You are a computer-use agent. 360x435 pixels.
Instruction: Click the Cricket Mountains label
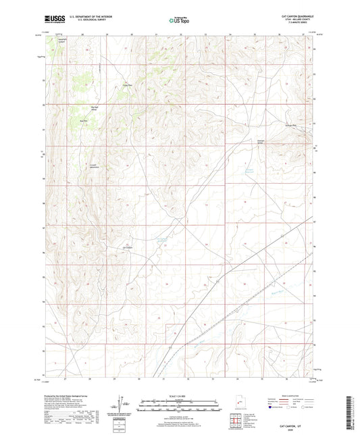[95, 165]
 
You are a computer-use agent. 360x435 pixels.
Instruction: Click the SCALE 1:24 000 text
[180, 395]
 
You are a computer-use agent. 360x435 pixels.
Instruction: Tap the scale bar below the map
[180, 408]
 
